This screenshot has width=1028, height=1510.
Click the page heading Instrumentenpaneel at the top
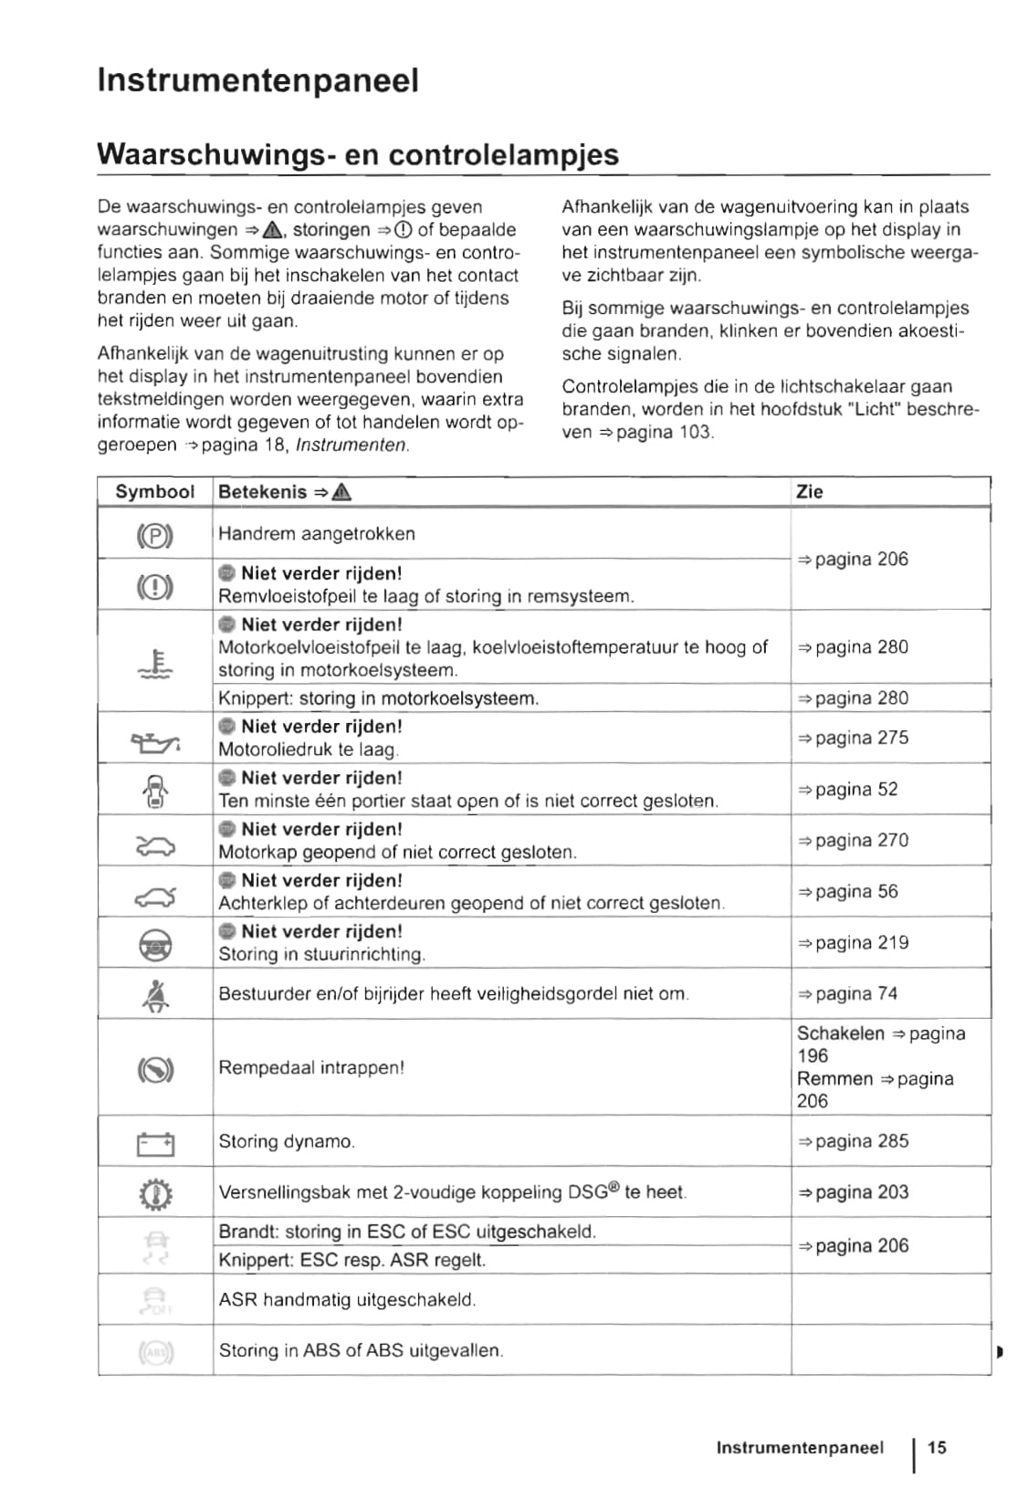tap(257, 80)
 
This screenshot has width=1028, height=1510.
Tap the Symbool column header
tap(154, 491)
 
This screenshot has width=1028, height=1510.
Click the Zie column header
tap(809, 491)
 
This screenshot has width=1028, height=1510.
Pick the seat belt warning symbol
tap(155, 995)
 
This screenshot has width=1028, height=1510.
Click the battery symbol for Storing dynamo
tap(155, 1143)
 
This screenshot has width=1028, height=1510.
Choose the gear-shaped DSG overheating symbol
tap(155, 1194)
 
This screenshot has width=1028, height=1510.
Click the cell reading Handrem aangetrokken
tap(316, 534)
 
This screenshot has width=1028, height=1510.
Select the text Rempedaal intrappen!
tap(310, 1067)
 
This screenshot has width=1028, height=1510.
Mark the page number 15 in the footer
tap(937, 1447)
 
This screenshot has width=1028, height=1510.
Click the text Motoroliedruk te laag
tap(308, 750)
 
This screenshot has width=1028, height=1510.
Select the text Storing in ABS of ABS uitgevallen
tap(360, 1350)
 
